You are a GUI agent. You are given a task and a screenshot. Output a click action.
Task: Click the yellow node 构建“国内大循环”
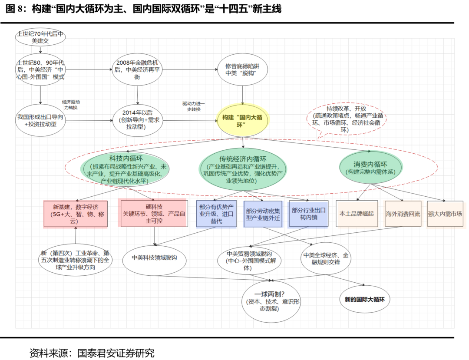click(x=243, y=120)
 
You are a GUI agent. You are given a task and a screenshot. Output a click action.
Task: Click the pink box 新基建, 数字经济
click(x=76, y=214)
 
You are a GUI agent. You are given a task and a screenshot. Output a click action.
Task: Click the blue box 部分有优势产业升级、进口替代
click(x=216, y=214)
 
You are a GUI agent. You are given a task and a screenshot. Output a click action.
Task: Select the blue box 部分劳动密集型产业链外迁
click(x=263, y=214)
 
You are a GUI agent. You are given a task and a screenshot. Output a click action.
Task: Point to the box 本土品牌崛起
click(x=356, y=214)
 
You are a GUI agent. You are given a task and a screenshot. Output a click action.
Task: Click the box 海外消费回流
click(x=403, y=214)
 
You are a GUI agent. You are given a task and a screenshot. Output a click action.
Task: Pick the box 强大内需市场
click(x=445, y=214)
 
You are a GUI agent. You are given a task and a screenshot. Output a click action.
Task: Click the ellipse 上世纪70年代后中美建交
click(x=40, y=38)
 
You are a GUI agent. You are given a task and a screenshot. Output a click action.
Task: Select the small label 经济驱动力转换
click(x=71, y=104)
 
